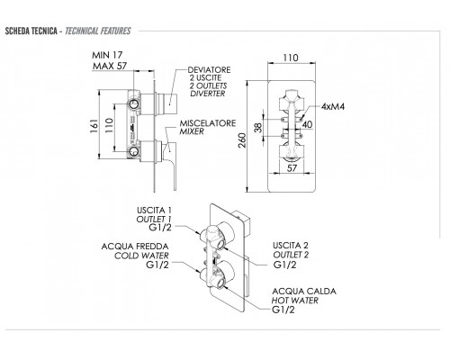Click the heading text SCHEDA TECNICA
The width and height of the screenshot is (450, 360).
(x=31, y=31)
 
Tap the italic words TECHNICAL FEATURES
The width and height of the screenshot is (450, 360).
(x=98, y=31)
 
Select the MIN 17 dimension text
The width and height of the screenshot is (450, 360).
(x=107, y=55)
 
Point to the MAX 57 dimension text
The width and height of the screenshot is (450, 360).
(x=110, y=66)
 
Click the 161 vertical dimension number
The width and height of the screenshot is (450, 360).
(x=94, y=126)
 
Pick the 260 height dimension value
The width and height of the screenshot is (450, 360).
(x=242, y=140)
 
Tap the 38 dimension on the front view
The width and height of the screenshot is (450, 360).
(x=258, y=128)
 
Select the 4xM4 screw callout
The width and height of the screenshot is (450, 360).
(x=333, y=106)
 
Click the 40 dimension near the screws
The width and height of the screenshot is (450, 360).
(x=307, y=124)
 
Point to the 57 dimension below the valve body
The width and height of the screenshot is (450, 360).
(x=292, y=168)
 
